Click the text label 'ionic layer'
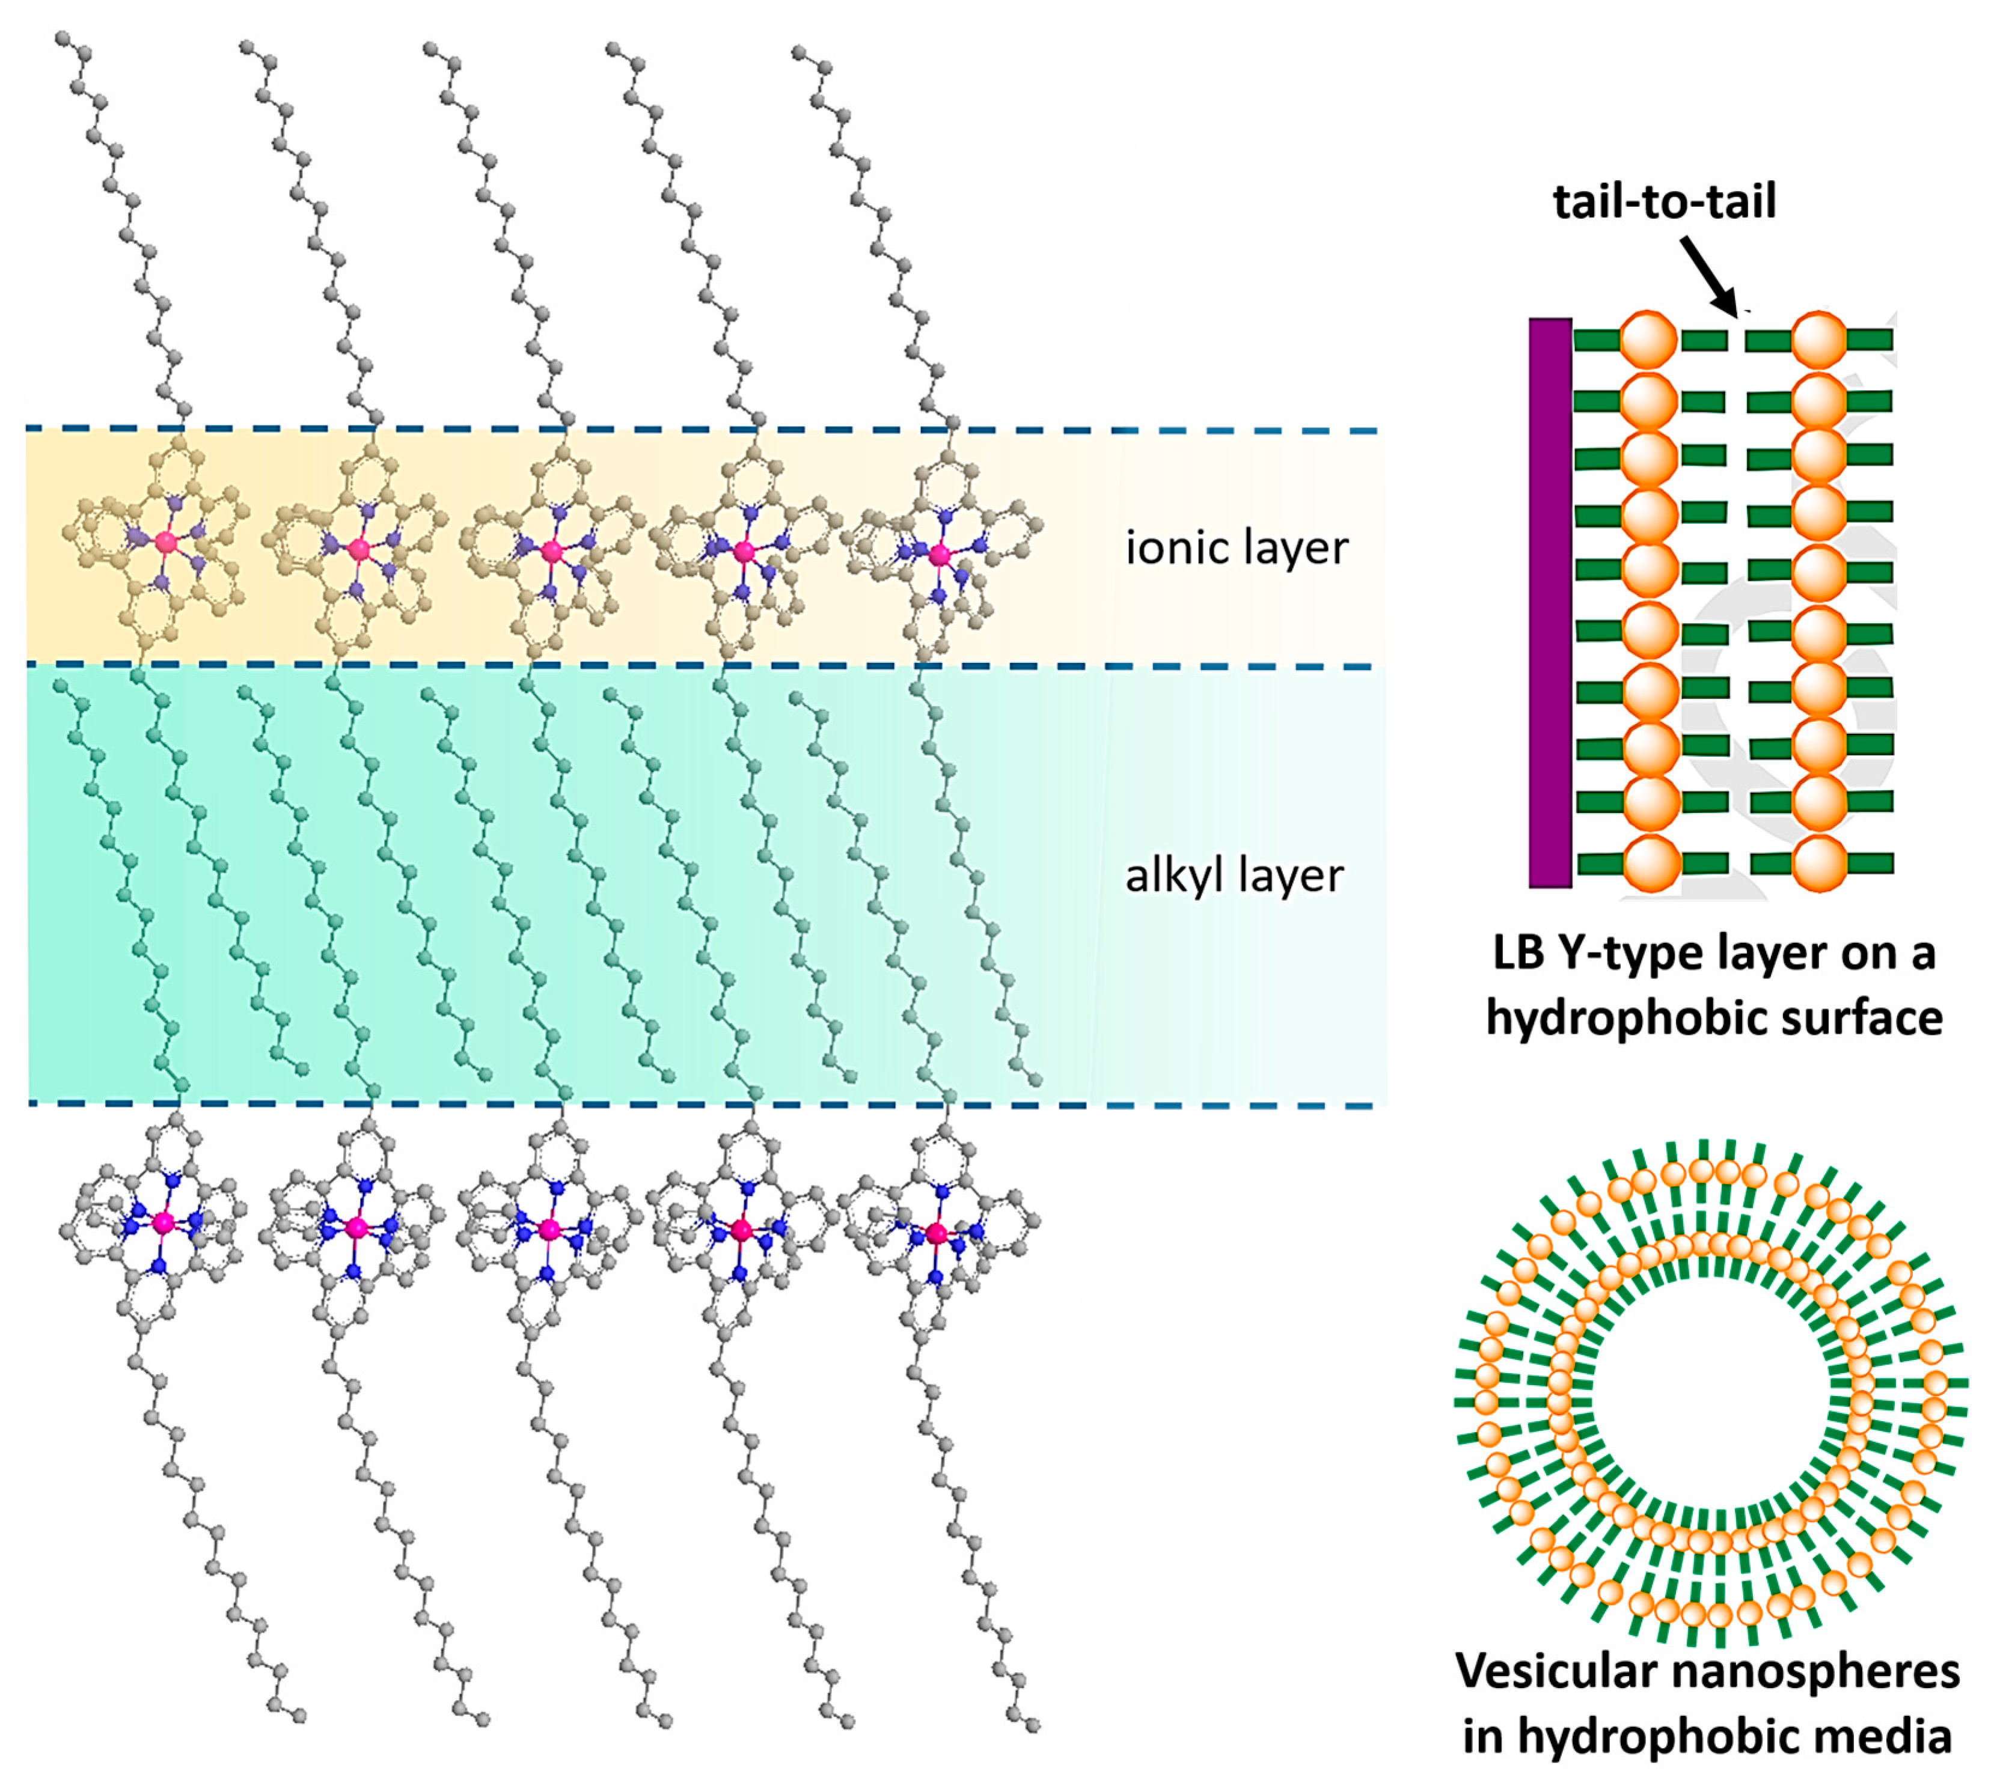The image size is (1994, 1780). click(x=1236, y=547)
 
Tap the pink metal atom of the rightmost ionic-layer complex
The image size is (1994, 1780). click(x=939, y=555)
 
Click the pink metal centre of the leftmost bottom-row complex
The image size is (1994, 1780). click(x=164, y=1222)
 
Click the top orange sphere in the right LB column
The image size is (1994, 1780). click(x=1819, y=340)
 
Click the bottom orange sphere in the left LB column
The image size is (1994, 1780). click(x=1651, y=862)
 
